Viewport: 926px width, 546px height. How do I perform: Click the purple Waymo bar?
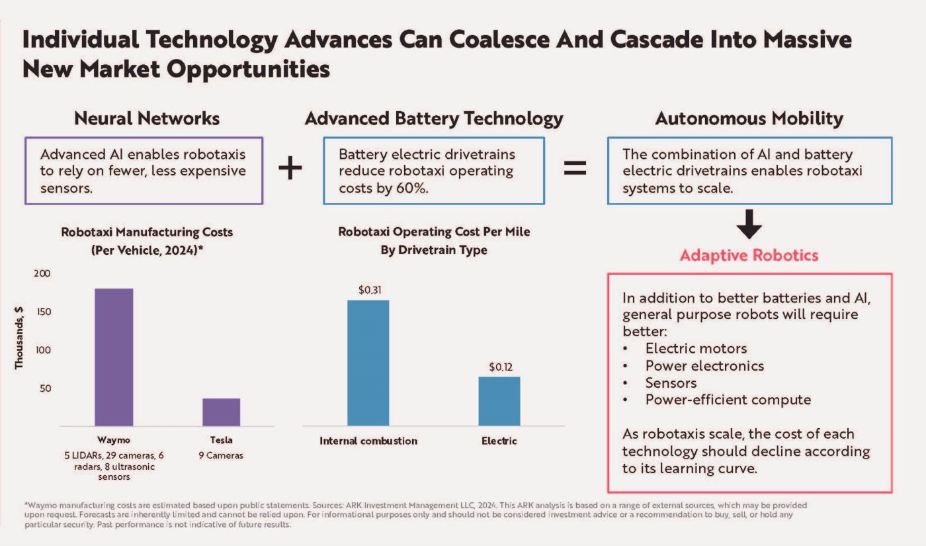click(114, 357)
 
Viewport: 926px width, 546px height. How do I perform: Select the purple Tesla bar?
click(221, 412)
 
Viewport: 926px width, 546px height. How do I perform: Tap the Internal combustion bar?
click(368, 363)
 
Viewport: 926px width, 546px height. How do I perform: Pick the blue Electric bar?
click(499, 401)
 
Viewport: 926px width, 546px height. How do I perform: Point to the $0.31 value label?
click(370, 290)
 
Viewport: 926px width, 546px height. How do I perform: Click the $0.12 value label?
click(501, 367)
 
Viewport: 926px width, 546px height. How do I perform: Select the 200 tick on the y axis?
click(42, 273)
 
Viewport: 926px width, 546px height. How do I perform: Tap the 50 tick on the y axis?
click(46, 388)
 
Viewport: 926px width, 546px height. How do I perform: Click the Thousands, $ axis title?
click(19, 338)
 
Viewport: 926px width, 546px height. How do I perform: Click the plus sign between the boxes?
click(290, 167)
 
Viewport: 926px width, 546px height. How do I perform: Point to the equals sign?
click(575, 167)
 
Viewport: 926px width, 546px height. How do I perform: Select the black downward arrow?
click(749, 224)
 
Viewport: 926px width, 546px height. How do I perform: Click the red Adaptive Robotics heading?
click(749, 255)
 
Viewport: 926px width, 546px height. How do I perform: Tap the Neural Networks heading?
click(147, 118)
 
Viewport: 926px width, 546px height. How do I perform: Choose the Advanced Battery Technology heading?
click(434, 118)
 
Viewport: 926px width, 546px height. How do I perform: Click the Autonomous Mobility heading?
click(749, 118)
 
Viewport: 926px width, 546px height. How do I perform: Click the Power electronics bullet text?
click(704, 365)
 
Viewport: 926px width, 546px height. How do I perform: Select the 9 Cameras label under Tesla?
click(221, 455)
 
